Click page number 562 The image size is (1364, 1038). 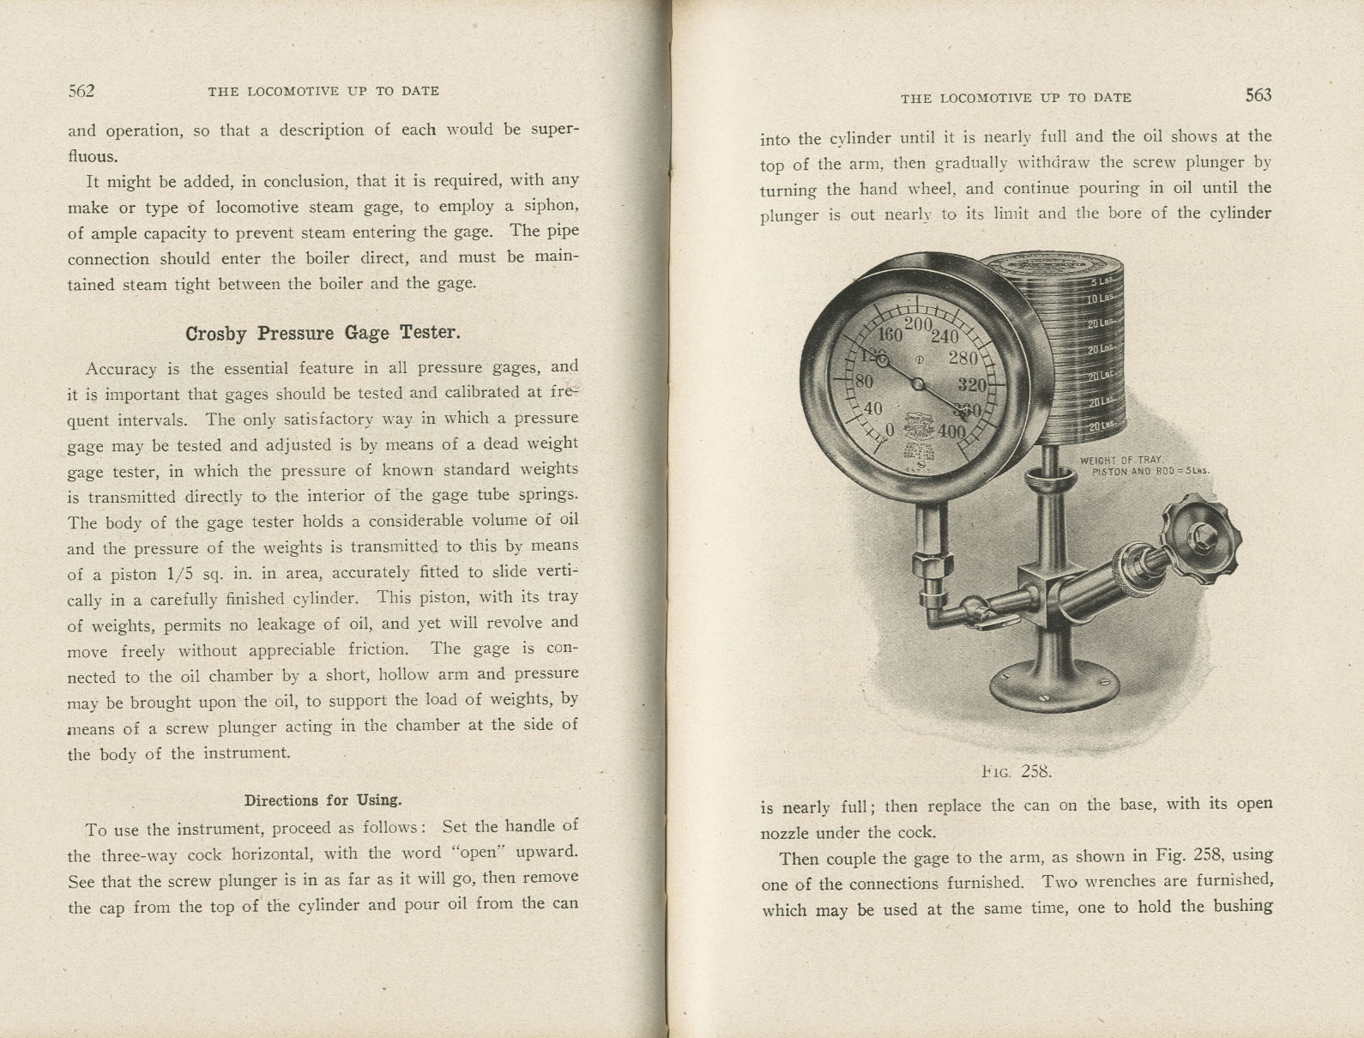[x=81, y=91]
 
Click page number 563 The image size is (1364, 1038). [x=1258, y=95]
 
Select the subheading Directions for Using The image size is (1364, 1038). [x=323, y=800]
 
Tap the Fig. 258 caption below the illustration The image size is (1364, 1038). [x=1016, y=770]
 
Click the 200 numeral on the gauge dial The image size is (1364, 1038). [x=918, y=324]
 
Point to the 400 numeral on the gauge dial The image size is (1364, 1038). [x=951, y=431]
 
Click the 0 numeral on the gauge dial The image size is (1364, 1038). [x=889, y=429]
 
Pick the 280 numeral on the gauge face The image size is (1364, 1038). [x=963, y=359]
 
